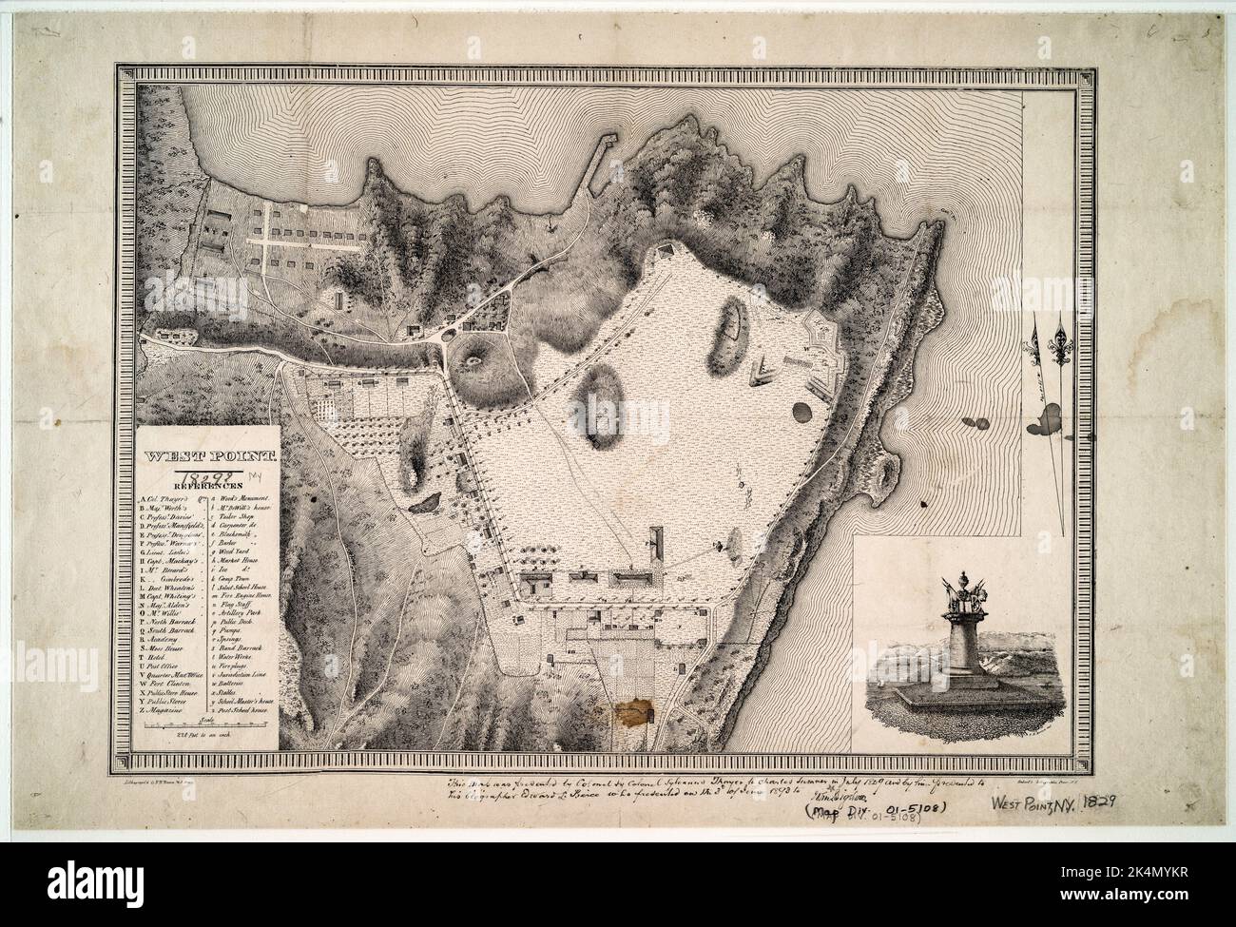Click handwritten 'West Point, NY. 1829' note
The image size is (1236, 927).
[1055, 804]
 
